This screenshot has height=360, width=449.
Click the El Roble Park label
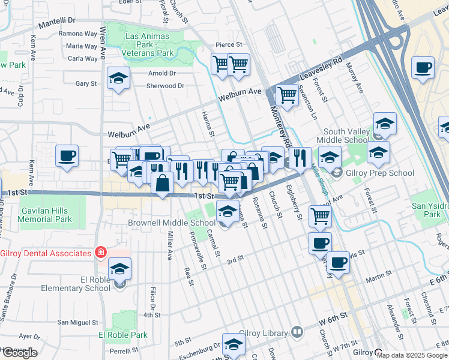coord(123,335)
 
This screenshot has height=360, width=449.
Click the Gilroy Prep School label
coord(381,173)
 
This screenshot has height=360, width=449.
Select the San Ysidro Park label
coord(427,209)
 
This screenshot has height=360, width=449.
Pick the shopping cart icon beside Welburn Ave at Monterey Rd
coord(286,95)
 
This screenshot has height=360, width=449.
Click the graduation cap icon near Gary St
coord(118,79)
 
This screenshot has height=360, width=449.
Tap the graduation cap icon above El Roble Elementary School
coord(120,269)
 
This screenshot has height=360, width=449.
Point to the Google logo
coord(19,353)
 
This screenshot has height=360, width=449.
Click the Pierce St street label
coord(229,44)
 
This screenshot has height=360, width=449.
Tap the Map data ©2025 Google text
coord(412,355)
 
